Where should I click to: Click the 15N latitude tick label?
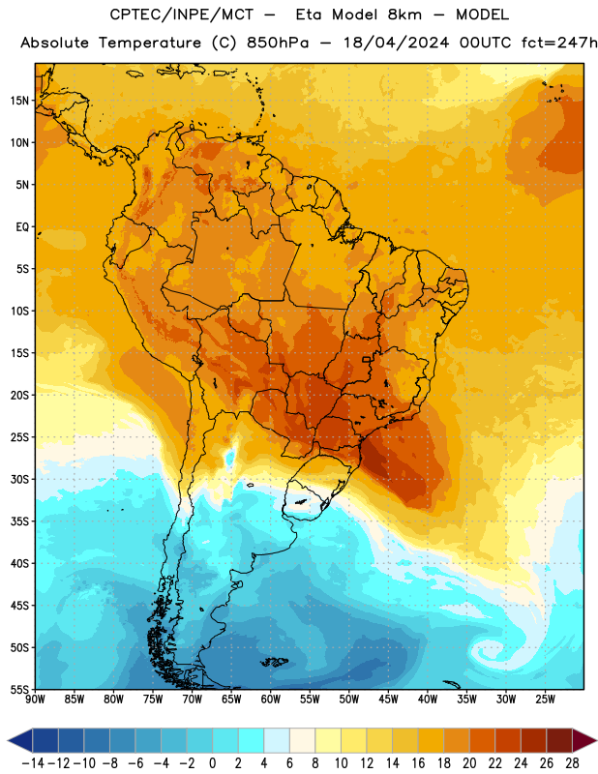click(19, 101)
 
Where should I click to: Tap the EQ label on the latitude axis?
click(22, 227)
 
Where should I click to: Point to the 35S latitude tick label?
click(19, 521)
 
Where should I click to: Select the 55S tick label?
click(19, 689)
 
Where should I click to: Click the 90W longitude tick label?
click(36, 700)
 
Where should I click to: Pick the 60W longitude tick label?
click(271, 700)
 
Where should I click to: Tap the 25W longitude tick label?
click(545, 700)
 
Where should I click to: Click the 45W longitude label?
click(389, 700)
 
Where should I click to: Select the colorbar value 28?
click(572, 763)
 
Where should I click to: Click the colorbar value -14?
click(33, 763)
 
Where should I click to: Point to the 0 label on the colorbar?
click(212, 763)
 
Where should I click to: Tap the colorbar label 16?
click(418, 763)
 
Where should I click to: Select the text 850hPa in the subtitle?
click(278, 43)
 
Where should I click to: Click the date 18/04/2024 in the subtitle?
click(397, 43)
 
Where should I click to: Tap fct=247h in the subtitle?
click(559, 43)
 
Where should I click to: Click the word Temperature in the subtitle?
click(150, 44)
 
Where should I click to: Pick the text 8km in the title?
click(404, 15)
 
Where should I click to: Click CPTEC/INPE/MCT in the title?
click(182, 15)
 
